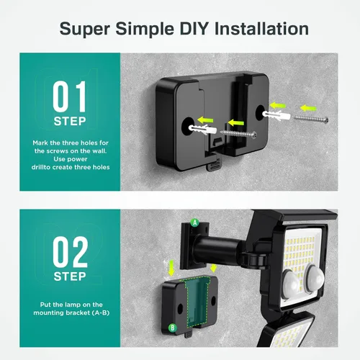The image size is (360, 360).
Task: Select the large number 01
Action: point(70,96)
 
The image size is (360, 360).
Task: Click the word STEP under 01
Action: point(70,122)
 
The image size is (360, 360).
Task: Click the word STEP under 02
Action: point(70,276)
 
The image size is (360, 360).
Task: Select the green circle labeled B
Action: point(172,328)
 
